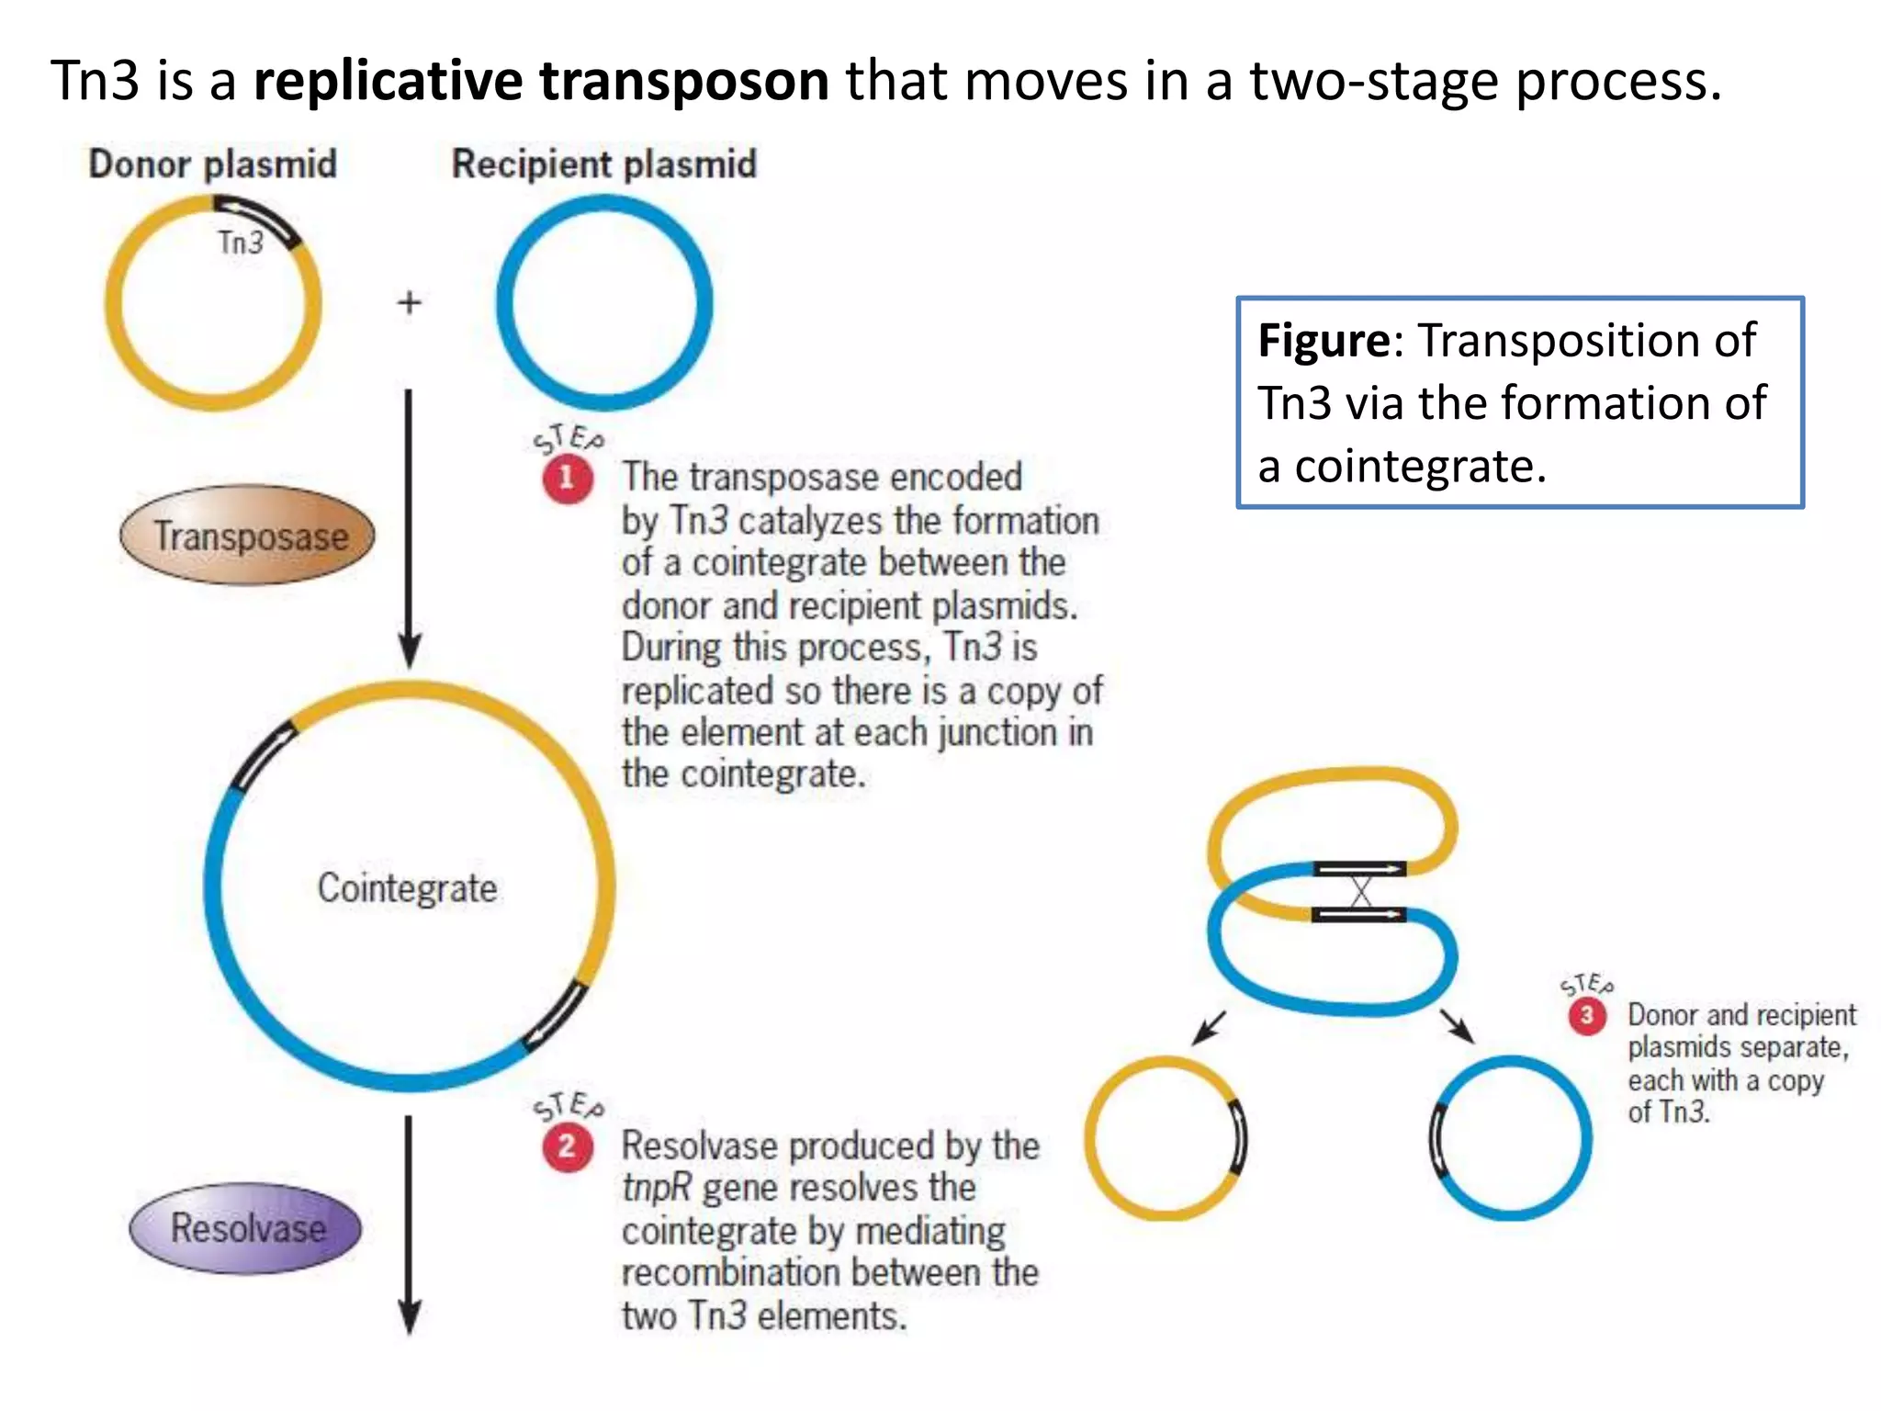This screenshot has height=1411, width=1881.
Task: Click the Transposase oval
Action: (247, 536)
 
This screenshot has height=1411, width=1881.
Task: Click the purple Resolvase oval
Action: (245, 1228)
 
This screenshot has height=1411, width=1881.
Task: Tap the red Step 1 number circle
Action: (567, 478)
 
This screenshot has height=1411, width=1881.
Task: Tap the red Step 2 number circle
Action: (567, 1146)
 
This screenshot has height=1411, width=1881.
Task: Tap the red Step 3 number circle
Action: (1586, 1016)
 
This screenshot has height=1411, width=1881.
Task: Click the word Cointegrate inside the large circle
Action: (407, 888)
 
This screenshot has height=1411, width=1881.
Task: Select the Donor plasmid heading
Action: (212, 164)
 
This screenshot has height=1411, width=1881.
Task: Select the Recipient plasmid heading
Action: (603, 164)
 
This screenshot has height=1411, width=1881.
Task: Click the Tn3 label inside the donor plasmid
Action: (241, 243)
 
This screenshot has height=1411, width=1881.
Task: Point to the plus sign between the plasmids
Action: (410, 302)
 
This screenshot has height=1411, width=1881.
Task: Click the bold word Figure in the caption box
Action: (1323, 341)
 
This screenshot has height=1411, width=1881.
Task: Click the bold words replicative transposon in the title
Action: (541, 81)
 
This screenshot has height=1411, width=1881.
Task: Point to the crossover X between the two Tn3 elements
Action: (1360, 892)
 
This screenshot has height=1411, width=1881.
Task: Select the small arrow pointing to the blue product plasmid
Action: (1457, 1026)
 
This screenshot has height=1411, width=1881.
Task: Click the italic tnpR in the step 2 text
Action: (655, 1188)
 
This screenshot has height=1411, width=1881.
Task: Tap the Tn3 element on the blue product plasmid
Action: (1437, 1140)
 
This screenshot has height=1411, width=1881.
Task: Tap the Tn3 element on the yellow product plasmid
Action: (1237, 1138)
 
